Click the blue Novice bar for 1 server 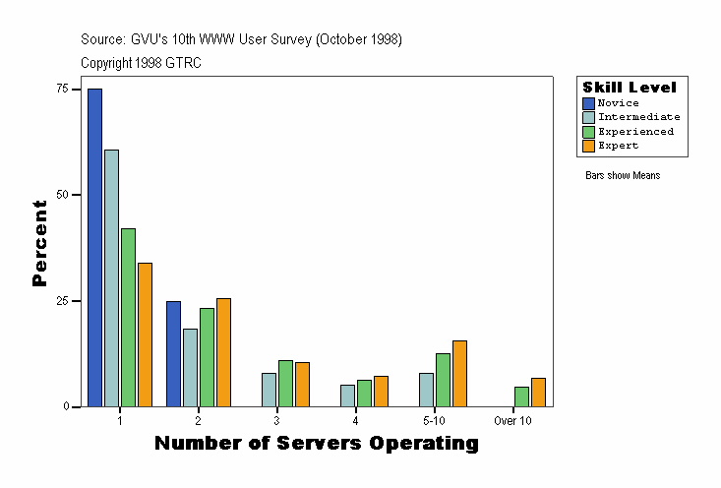pos(94,247)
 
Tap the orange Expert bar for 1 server pos(145,335)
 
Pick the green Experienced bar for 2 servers pos(207,357)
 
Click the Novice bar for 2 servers pos(173,353)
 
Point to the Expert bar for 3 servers pos(302,384)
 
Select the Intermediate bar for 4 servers pos(347,396)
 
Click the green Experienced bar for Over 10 pos(521,396)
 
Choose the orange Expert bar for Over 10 pos(538,392)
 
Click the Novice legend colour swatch pos(588,103)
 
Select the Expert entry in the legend pos(618,146)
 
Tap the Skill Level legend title pos(630,88)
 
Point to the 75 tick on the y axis pos(62,89)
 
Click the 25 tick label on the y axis pos(62,300)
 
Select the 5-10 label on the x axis pos(434,420)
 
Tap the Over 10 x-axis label pos(512,420)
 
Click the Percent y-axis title pos(39,243)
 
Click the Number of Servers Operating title pos(317,444)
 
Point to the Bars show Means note pos(623,175)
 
